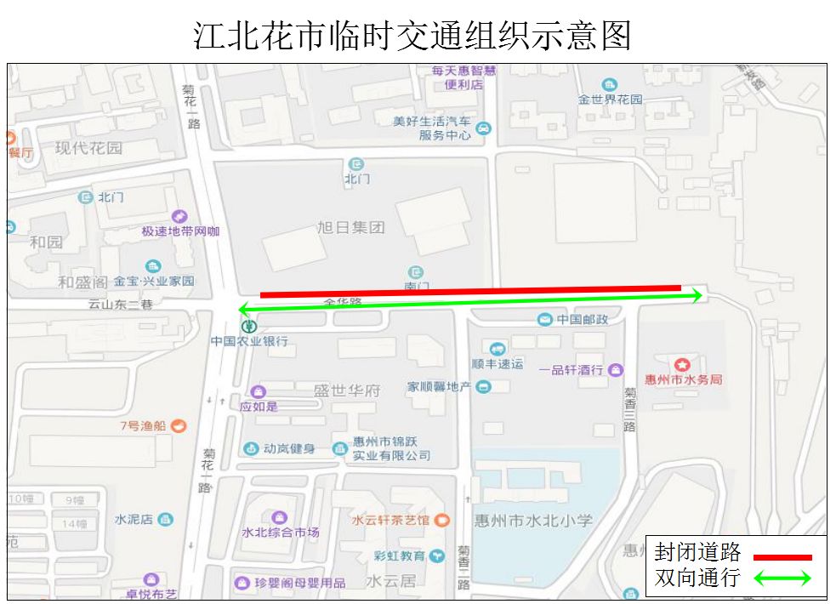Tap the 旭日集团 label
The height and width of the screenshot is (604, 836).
350,228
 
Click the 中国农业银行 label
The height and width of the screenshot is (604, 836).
250,341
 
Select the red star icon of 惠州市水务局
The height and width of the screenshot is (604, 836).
683,366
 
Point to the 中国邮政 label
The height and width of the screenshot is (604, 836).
583,320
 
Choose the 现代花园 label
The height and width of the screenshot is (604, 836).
88,148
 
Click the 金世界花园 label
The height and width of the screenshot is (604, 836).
611,100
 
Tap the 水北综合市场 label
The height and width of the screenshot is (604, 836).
281,533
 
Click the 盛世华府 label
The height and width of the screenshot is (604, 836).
347,390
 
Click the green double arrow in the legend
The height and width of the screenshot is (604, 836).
780,578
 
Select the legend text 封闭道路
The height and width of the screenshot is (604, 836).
697,553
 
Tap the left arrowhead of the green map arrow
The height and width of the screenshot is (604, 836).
242,309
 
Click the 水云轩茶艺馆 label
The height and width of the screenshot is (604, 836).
392,520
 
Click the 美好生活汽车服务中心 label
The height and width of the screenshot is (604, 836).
432,128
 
